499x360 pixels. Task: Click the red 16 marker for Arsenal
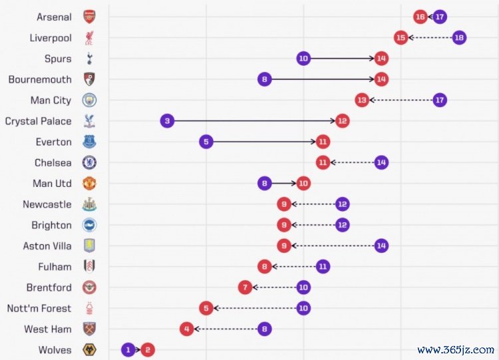(420, 17)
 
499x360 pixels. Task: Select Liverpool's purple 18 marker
(458, 37)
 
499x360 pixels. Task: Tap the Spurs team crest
(89, 59)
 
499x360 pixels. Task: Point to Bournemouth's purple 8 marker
(265, 79)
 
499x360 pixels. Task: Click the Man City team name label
(51, 100)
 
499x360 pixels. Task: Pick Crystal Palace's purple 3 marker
(168, 121)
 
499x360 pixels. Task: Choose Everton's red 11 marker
(323, 142)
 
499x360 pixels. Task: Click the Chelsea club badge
(89, 162)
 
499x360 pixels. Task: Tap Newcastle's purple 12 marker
(342, 204)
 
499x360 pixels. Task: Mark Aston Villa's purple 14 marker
(381, 246)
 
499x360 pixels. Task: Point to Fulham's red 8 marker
(265, 266)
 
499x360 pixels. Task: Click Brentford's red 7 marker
(246, 287)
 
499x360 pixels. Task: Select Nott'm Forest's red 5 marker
(206, 308)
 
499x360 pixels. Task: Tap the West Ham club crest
(89, 329)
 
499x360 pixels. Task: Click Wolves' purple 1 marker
(128, 349)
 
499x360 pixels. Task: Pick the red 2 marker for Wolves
(148, 349)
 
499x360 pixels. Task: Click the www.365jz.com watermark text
(456, 349)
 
